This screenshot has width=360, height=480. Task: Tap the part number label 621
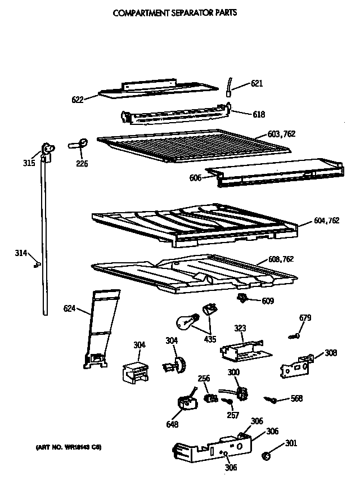coord(256,84)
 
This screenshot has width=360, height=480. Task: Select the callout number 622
coord(78,100)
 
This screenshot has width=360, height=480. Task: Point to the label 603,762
coord(281,134)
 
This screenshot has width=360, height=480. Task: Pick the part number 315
coord(29,163)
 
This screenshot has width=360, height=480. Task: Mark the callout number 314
coord(21,253)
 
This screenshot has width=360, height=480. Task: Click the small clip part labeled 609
coord(243,298)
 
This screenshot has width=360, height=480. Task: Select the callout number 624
coord(70,308)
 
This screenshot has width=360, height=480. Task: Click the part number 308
coord(331,353)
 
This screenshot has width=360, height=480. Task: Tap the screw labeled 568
coord(271,400)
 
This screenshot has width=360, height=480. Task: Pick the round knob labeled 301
coord(268,454)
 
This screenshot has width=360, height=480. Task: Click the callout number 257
coord(232,416)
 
